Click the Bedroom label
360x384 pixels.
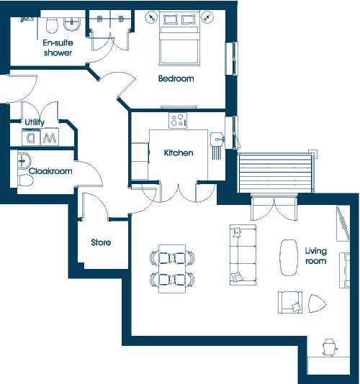point(176,78)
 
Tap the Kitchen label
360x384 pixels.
point(179,153)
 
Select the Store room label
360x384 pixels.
point(101,242)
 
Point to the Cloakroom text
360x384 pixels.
point(50,171)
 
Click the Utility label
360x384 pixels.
point(35,122)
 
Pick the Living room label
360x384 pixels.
point(315,256)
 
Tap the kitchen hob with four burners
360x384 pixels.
point(178,120)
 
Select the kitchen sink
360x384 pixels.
point(217,140)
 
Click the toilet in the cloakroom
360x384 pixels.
point(25,180)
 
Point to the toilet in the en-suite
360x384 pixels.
point(52,25)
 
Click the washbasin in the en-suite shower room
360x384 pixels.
point(71,24)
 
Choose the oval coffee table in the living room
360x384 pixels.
point(289,257)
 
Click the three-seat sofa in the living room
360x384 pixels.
point(243,255)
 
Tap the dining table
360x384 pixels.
point(172,269)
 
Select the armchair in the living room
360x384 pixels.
point(290,303)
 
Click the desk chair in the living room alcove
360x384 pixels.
point(329,347)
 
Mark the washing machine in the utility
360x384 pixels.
point(31,137)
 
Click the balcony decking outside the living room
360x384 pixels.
point(275,173)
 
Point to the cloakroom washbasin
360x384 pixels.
point(24,160)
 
